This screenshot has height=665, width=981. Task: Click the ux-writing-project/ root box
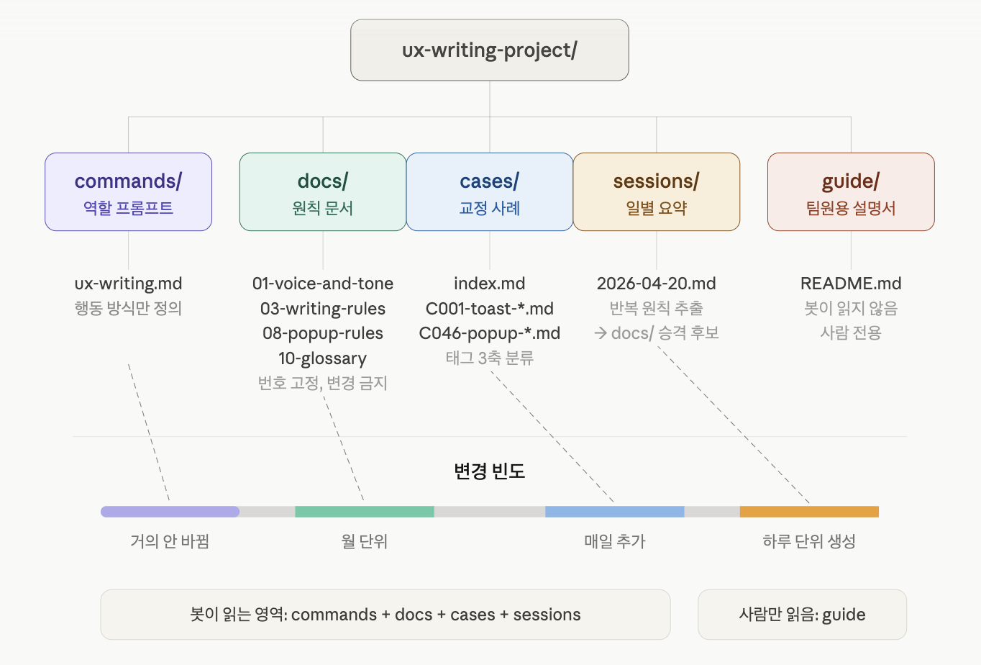(x=489, y=50)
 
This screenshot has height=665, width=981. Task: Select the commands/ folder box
(x=128, y=191)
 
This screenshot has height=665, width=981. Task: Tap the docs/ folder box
(x=322, y=191)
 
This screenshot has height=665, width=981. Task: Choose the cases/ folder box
(x=489, y=191)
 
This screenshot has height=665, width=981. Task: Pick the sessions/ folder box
(x=656, y=191)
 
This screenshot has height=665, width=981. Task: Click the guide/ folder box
(x=851, y=191)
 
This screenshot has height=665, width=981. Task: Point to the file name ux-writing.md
(x=128, y=284)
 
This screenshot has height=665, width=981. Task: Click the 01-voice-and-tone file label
(x=322, y=284)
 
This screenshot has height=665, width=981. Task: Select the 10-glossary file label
(x=322, y=358)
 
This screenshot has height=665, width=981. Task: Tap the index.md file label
(x=489, y=284)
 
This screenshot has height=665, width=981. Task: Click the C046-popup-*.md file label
(x=489, y=333)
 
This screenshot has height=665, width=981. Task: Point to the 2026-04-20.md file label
(x=656, y=284)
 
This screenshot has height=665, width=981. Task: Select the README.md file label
(x=851, y=284)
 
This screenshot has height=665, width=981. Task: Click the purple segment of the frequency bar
(x=170, y=512)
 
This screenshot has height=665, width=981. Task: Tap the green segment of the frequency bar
(x=364, y=512)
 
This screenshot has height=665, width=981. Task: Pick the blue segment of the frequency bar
(x=614, y=512)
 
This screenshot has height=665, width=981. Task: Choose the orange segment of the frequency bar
(x=809, y=512)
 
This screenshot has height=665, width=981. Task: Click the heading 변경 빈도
(x=489, y=471)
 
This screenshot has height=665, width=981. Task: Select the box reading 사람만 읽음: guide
(x=802, y=615)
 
